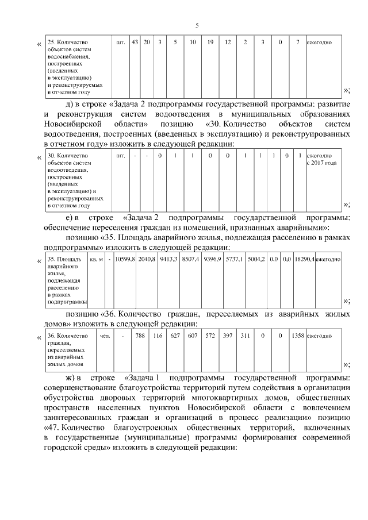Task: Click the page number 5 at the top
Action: click(197, 25)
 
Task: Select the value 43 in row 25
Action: click(135, 42)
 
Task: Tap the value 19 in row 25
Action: click(210, 42)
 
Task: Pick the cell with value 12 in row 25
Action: click(228, 42)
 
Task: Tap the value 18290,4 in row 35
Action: click(303, 260)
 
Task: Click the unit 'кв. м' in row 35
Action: click(97, 260)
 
